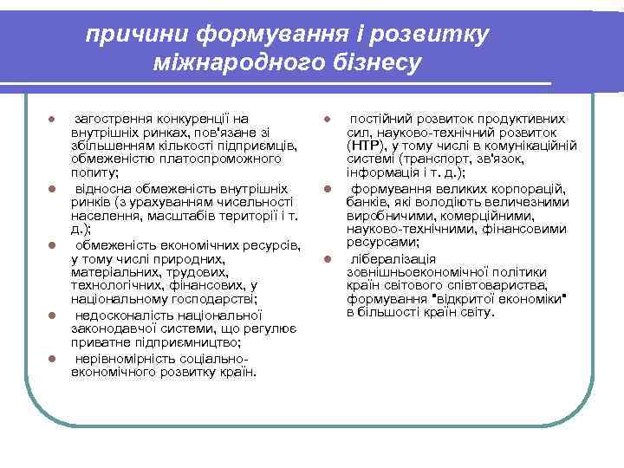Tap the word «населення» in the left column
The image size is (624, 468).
(101, 215)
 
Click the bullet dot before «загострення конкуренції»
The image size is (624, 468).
(52, 119)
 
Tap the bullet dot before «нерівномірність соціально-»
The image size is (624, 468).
(52, 357)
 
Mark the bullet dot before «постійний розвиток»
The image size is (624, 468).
(328, 119)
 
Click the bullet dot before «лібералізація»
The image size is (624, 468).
(328, 258)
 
